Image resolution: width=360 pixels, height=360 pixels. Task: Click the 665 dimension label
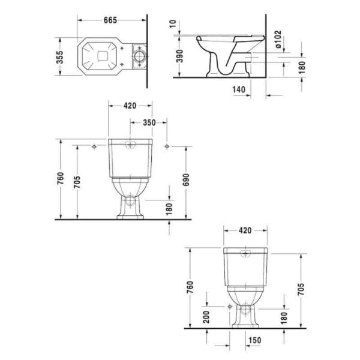coord(110,20)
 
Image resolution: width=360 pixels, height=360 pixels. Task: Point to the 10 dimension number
coord(173,24)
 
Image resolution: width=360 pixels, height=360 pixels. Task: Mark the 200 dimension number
coord(206,316)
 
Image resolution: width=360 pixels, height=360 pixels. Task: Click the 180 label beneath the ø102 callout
coord(302,66)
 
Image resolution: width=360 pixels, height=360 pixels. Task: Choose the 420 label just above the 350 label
coord(130,106)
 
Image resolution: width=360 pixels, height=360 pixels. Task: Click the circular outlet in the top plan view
coord(139,56)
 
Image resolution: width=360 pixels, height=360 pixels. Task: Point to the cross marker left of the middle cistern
coord(94,146)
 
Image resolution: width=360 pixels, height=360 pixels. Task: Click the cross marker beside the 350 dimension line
coord(167,146)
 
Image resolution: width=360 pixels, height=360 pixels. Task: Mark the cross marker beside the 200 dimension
coord(229,306)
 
